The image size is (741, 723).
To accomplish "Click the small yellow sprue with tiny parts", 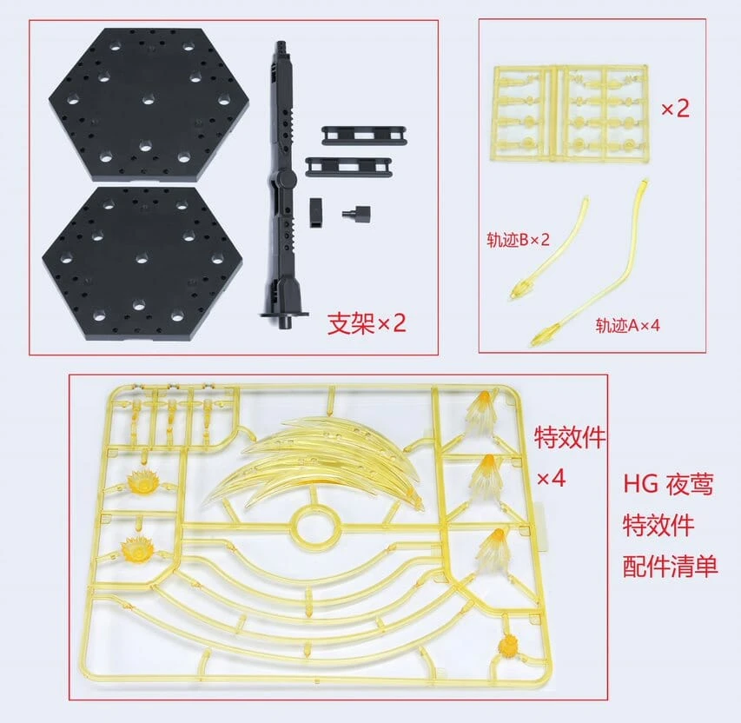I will (x=572, y=110).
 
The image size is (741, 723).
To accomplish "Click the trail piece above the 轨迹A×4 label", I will (x=599, y=261).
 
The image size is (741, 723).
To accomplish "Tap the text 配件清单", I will (x=670, y=567).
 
